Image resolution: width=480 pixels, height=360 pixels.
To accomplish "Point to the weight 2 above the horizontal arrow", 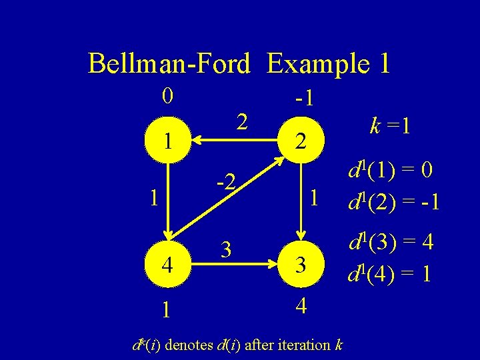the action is tap(242, 121).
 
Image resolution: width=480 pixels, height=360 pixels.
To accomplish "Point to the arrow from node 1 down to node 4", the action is tap(169, 200).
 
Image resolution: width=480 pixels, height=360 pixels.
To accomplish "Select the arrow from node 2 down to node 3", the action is tap(301, 200).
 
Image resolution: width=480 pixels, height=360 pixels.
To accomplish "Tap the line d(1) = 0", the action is tap(392, 172).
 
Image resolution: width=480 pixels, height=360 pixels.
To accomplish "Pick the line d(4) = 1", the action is tap(392, 273).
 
